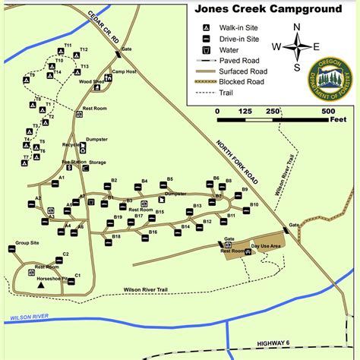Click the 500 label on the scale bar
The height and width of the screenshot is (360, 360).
pyautogui.click(x=329, y=111)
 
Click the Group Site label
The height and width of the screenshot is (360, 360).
pyautogui.click(x=27, y=244)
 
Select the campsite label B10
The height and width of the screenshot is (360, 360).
pyautogui.click(x=254, y=205)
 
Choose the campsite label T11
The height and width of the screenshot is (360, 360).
pyautogui.click(x=68, y=46)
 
